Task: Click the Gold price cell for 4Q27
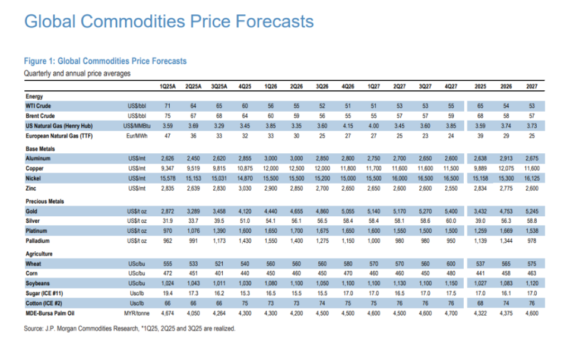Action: [x=452, y=211]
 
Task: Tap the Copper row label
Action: [x=35, y=169]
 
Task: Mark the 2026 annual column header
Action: [x=506, y=86]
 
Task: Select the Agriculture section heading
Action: [x=39, y=254]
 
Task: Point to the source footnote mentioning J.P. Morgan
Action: [x=129, y=328]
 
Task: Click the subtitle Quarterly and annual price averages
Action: [x=77, y=74]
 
